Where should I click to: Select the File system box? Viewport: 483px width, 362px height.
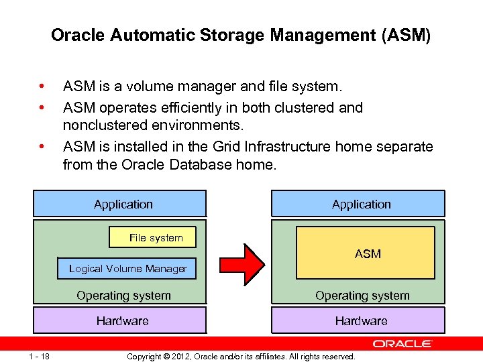click(x=156, y=237)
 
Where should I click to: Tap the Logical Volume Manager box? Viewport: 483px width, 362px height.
click(x=127, y=268)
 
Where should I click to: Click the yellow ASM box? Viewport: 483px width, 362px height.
click(x=367, y=253)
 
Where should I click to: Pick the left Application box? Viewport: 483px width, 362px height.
click(x=123, y=204)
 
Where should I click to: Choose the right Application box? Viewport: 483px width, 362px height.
click(x=361, y=204)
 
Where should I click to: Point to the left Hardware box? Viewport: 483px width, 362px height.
click(x=122, y=320)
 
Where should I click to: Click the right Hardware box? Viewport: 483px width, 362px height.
click(x=361, y=320)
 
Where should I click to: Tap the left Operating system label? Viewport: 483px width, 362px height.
click(x=123, y=295)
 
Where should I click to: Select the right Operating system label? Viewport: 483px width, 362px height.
click(x=362, y=295)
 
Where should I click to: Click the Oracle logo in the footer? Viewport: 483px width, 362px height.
click(x=402, y=344)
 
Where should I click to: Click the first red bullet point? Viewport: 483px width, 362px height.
click(x=42, y=86)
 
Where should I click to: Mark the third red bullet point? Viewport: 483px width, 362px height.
click(x=42, y=146)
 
